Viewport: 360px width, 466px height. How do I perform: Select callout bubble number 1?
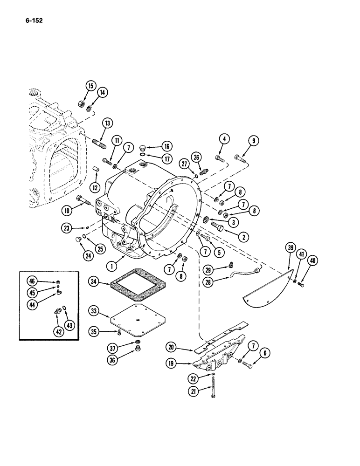(x=111, y=267)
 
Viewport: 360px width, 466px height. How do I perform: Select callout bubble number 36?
(x=111, y=358)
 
